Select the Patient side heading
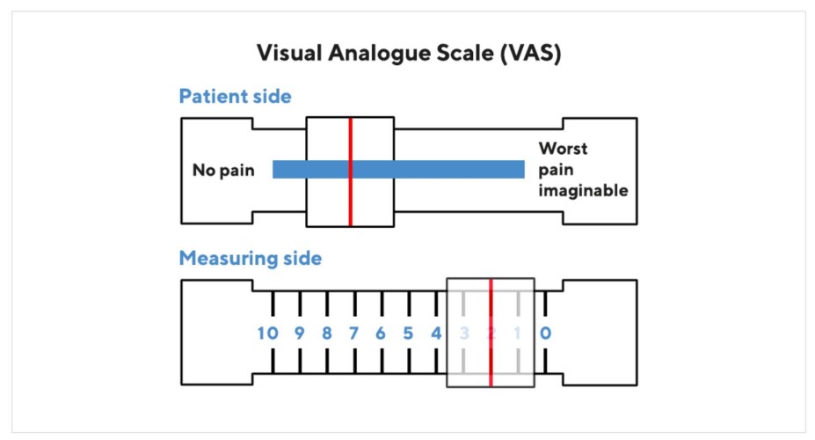(235, 97)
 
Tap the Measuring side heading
(250, 259)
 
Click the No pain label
(223, 170)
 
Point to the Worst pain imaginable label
(583, 169)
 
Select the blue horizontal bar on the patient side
(440, 169)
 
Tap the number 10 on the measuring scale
(268, 334)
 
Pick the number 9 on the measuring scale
(299, 334)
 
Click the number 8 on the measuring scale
(326, 334)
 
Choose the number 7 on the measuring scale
(353, 334)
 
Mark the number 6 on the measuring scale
(381, 334)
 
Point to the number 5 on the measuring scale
(408, 334)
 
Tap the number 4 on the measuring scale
(435, 334)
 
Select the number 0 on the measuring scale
(545, 334)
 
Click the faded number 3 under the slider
(463, 334)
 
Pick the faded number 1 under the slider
(518, 334)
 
